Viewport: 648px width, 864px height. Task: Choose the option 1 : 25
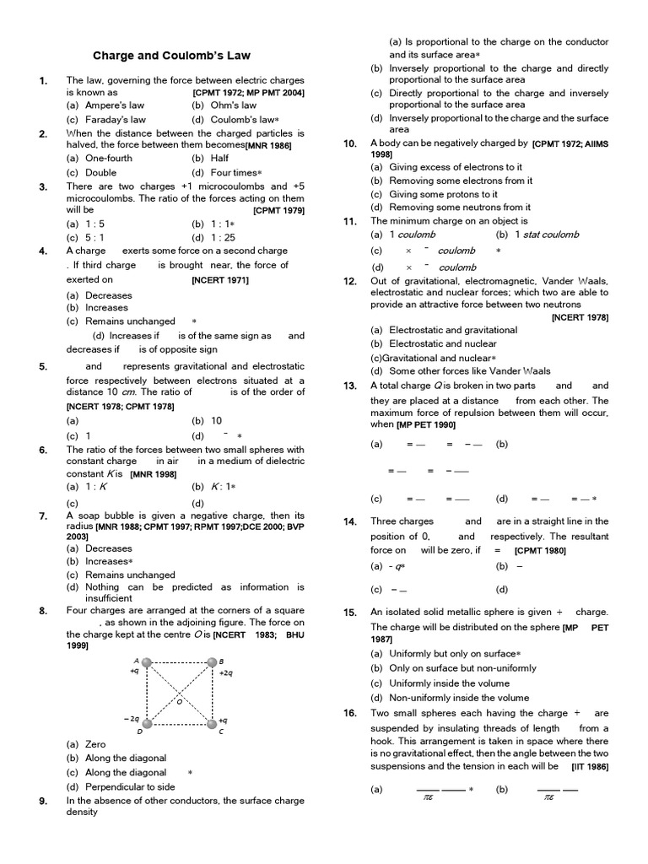click(219, 238)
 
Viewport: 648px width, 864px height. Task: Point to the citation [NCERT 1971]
click(220, 279)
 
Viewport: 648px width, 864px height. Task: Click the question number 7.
click(43, 515)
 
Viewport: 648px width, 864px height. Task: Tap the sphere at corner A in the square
click(148, 664)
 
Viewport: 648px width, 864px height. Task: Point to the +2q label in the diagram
click(225, 674)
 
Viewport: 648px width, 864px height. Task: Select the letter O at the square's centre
click(179, 700)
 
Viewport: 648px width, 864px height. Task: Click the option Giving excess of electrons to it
click(446, 167)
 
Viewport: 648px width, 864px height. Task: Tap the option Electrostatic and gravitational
click(444, 330)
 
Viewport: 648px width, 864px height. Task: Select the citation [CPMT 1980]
click(540, 550)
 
